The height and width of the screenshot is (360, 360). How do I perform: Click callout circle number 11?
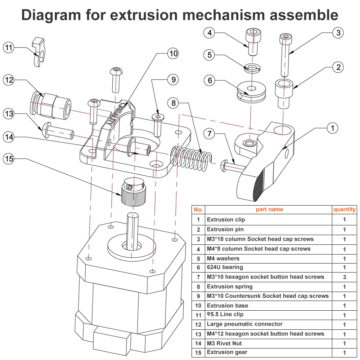point(9,47)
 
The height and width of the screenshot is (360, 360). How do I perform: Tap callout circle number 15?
point(9,158)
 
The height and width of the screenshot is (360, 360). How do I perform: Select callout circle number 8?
point(174,103)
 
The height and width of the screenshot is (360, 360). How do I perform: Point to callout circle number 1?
point(333,128)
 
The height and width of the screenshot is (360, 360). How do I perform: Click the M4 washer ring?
point(252,67)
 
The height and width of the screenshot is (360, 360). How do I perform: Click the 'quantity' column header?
point(345,210)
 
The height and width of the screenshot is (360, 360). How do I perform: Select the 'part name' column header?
point(269,210)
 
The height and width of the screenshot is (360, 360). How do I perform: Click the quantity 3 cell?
point(345,277)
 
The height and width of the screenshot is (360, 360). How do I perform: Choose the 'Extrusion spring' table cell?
point(230,287)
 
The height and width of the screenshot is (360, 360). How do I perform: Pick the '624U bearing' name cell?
point(225,267)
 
